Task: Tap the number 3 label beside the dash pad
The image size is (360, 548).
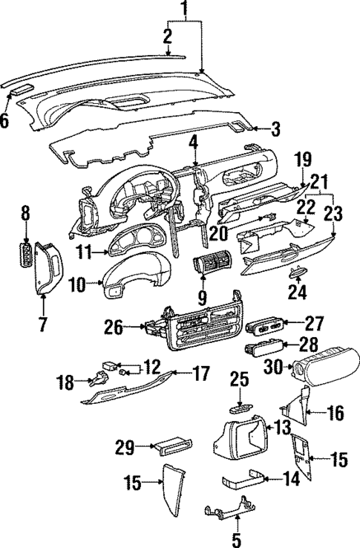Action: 275,131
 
